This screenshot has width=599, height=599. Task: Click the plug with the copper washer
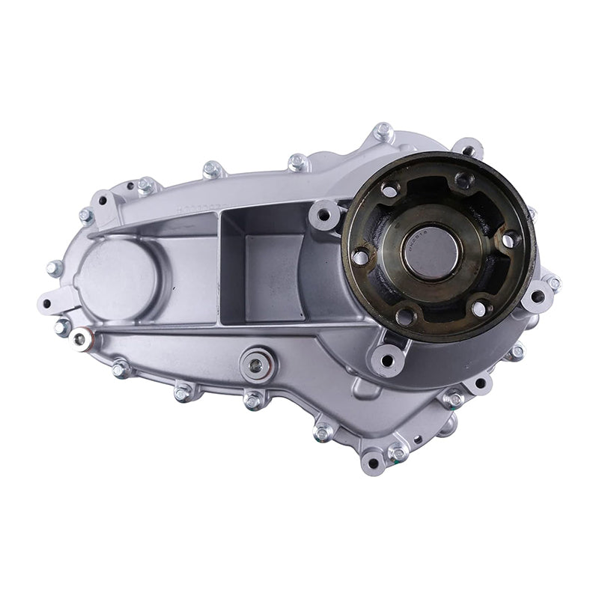tap(80, 339)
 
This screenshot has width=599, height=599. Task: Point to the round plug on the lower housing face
tap(256, 365)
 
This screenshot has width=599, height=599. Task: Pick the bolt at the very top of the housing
tap(383, 133)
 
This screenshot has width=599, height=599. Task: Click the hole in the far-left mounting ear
tap(46, 304)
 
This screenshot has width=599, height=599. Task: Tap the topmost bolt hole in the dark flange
tap(464, 180)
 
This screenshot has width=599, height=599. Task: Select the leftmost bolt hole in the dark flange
tap(361, 257)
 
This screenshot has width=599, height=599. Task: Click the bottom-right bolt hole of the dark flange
tap(478, 308)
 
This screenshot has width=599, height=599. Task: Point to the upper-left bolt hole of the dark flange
tap(389, 191)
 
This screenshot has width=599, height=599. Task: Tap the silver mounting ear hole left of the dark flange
tap(324, 215)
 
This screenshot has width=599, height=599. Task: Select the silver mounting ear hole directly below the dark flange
tap(386, 361)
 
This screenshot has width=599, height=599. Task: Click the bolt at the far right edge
tap(554, 284)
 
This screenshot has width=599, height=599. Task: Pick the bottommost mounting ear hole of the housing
tap(372, 463)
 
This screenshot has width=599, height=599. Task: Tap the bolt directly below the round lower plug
tap(253, 401)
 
